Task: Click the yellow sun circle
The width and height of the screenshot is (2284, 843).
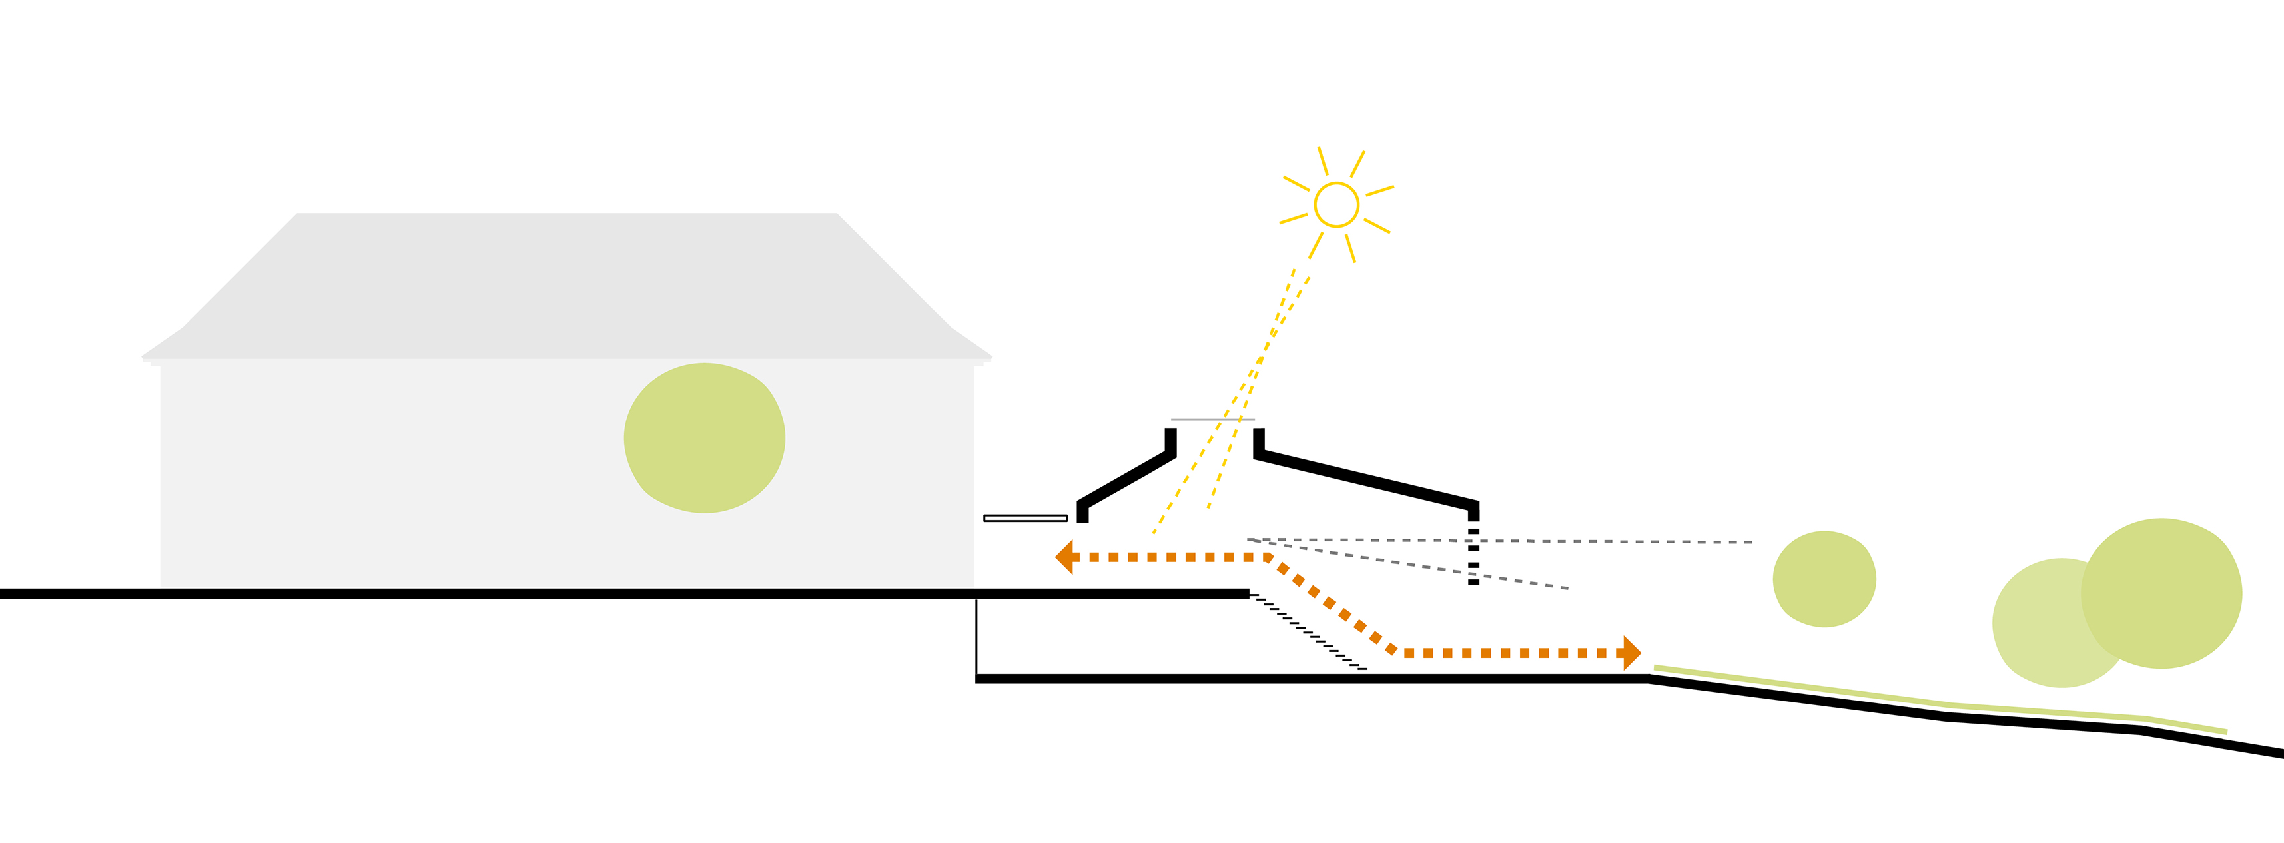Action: tap(1336, 205)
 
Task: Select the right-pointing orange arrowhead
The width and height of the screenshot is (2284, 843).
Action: tap(1631, 653)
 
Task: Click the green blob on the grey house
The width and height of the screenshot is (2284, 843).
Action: tap(704, 438)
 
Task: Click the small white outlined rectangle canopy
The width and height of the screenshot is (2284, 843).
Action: tap(1025, 517)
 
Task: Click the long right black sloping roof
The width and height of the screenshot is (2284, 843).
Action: tap(1365, 479)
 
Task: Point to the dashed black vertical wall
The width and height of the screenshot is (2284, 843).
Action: tap(1473, 557)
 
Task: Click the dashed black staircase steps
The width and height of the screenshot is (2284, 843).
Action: tap(1308, 631)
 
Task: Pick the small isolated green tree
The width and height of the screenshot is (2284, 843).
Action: tap(1824, 579)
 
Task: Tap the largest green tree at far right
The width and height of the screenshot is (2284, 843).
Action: tap(2163, 592)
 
